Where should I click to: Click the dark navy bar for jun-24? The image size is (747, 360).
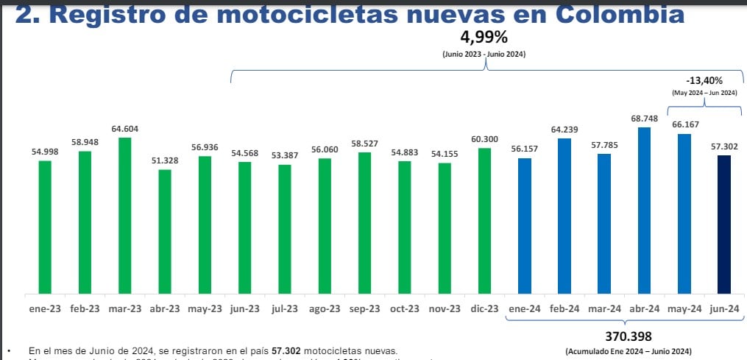click(724, 224)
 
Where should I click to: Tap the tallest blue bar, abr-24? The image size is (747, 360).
click(645, 210)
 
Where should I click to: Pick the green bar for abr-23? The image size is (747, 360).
click(165, 231)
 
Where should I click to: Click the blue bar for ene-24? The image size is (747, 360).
click(525, 225)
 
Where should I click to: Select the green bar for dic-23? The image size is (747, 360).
click(484, 220)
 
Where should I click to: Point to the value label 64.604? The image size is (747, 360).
click(125, 130)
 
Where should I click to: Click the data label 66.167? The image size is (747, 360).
click(684, 126)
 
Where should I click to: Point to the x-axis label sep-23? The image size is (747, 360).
click(365, 308)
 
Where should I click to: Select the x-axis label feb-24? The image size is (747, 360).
click(564, 308)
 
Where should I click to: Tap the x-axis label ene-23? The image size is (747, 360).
click(45, 308)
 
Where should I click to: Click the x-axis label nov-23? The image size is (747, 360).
click(445, 308)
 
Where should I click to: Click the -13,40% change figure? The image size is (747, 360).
click(704, 80)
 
